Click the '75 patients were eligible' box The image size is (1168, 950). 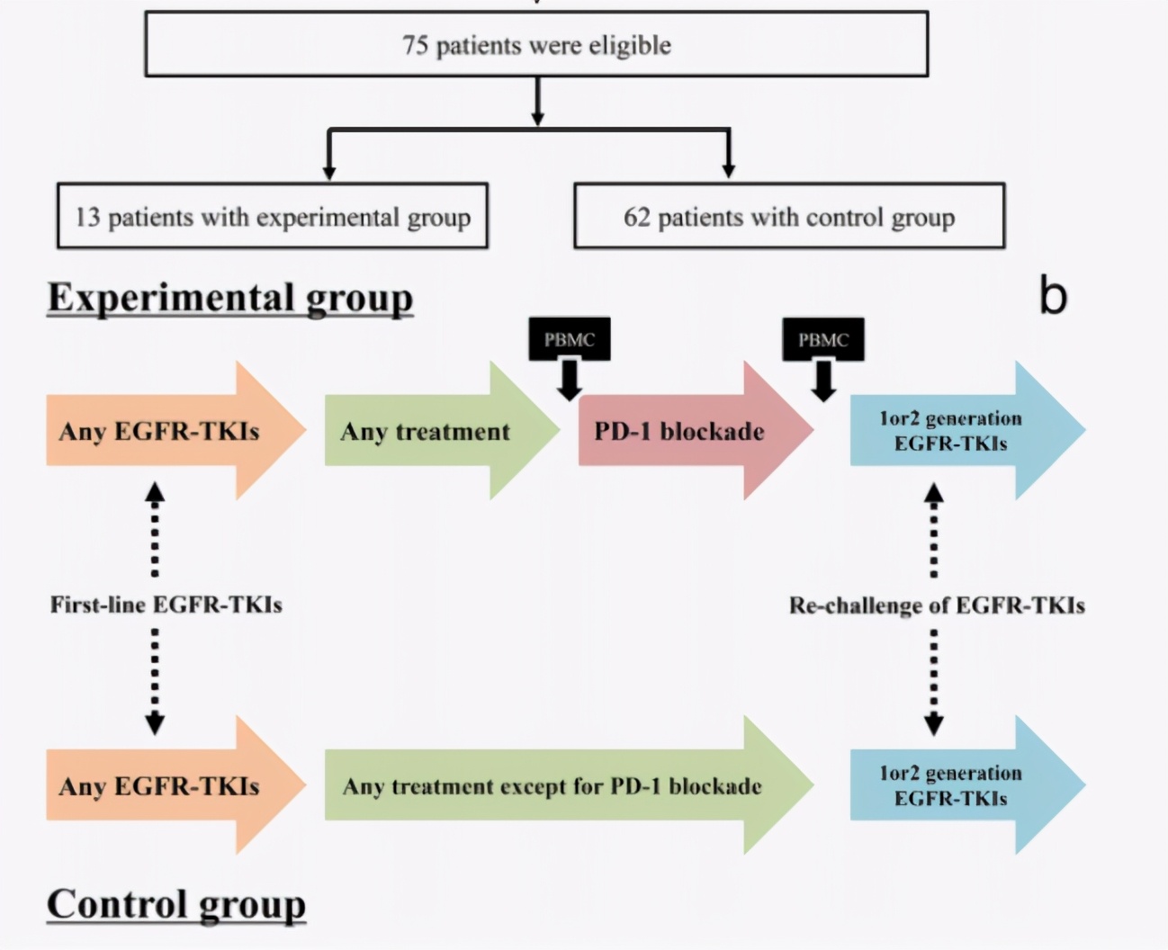pyautogui.click(x=536, y=45)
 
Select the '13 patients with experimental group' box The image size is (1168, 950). pyautogui.click(x=272, y=217)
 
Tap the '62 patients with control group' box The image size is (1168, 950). pyautogui.click(x=788, y=217)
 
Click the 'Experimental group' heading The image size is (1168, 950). pyautogui.click(x=230, y=298)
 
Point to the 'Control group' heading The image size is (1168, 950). pyautogui.click(x=176, y=904)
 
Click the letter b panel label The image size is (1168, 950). pyautogui.click(x=1053, y=296)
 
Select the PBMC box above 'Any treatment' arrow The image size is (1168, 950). pyautogui.click(x=569, y=339)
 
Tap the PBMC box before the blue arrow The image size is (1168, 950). pyautogui.click(x=822, y=339)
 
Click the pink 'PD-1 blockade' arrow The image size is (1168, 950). pyautogui.click(x=680, y=432)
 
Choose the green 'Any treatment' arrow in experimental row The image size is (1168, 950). pyautogui.click(x=426, y=432)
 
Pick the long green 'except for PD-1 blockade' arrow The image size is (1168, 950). pyautogui.click(x=553, y=786)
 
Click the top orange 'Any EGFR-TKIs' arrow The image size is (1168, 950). pyautogui.click(x=160, y=432)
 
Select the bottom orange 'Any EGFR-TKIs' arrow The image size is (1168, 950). pyautogui.click(x=160, y=786)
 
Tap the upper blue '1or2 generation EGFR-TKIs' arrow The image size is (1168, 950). pyautogui.click(x=950, y=431)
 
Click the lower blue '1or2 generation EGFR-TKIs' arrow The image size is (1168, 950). pyautogui.click(x=950, y=785)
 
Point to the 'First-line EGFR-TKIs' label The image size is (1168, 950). pyautogui.click(x=166, y=605)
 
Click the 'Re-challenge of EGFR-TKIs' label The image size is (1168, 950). pyautogui.click(x=937, y=605)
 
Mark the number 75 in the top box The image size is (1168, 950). pyautogui.click(x=415, y=45)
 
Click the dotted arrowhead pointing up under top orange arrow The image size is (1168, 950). pyautogui.click(x=155, y=491)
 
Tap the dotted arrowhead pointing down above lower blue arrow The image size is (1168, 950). pyautogui.click(x=934, y=724)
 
